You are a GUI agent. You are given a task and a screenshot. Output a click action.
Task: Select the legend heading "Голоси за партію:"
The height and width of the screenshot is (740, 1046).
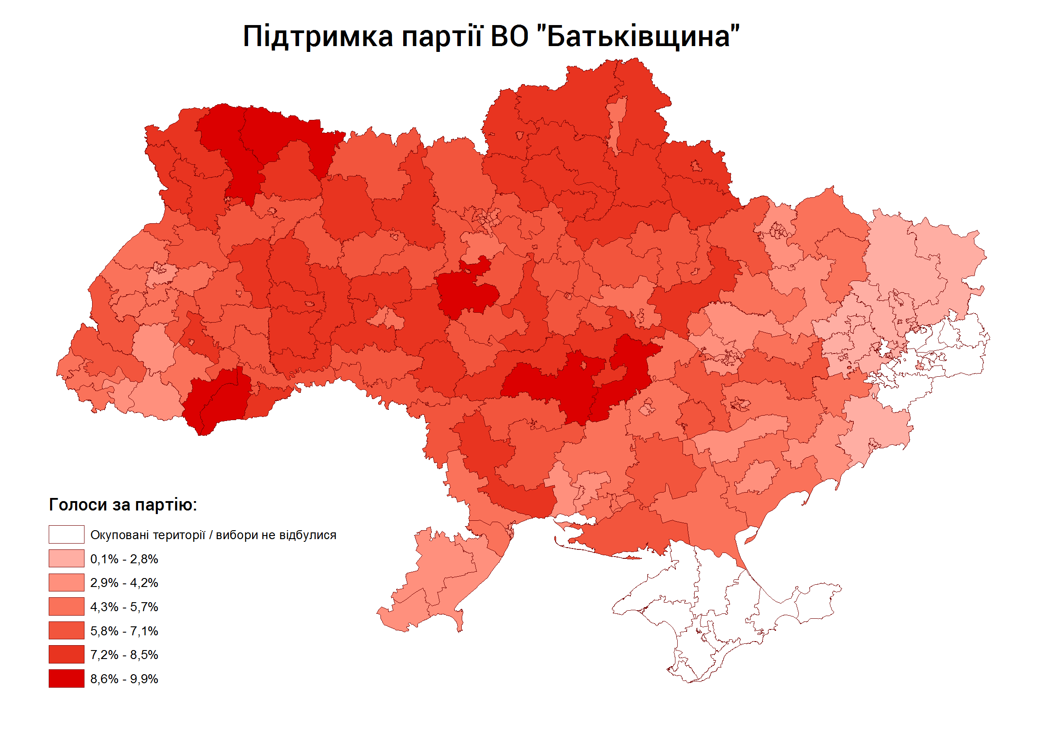123,505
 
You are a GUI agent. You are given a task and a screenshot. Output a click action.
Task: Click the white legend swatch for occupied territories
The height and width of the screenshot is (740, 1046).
67,535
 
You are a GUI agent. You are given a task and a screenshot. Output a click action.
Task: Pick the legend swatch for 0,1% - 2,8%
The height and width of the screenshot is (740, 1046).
67,559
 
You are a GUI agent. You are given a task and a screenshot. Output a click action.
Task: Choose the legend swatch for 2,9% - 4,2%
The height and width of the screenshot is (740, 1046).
67,583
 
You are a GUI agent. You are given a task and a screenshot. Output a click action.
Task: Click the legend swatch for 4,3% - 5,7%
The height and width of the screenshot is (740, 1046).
67,607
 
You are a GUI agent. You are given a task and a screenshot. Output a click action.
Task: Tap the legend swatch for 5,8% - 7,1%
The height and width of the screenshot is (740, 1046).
67,631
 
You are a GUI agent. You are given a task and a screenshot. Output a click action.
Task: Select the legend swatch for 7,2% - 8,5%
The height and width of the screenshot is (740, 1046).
67,655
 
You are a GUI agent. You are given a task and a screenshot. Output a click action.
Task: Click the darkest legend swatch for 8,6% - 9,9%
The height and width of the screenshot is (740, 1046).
67,679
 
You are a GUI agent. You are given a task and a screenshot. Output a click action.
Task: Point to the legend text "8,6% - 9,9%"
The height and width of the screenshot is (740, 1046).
124,679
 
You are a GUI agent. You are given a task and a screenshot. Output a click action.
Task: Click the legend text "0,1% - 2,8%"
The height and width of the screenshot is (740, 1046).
124,559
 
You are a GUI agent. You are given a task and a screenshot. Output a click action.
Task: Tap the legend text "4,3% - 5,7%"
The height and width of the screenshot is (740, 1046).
124,607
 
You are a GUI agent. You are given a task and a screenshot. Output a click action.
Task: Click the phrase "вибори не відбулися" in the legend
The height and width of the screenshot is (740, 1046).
276,535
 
